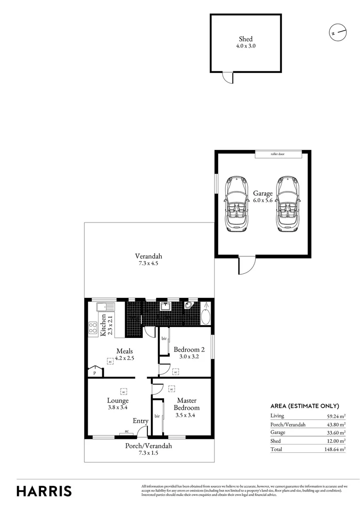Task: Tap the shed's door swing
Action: pos(228,78)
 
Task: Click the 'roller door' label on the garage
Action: pos(279,154)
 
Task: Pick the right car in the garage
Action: pos(288,204)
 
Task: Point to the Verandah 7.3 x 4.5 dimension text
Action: pos(149,260)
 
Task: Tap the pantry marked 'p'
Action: pos(95,372)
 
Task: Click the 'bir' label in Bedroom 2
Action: pos(164,339)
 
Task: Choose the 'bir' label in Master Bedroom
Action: pos(157,417)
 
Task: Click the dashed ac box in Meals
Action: pos(110,361)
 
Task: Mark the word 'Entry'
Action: pos(140,421)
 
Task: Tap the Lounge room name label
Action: pos(118,401)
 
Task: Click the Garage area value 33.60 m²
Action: pos(336,433)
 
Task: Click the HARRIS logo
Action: pos(44,491)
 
